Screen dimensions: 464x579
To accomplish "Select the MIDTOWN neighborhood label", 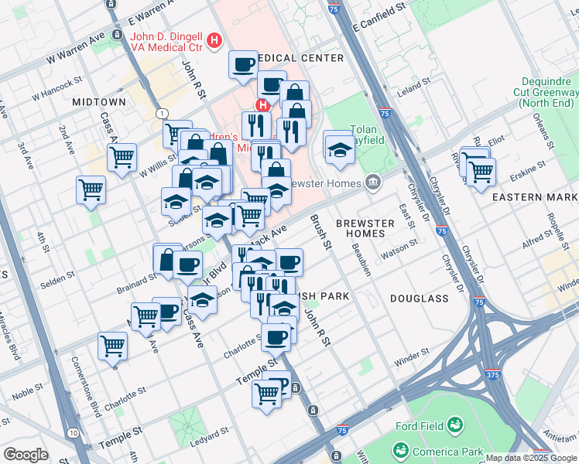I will (x=98, y=102).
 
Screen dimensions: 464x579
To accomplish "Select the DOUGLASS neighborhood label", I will (x=420, y=298).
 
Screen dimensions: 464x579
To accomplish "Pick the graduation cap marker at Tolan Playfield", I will (x=340, y=149).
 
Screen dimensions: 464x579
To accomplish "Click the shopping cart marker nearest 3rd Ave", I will (x=91, y=189).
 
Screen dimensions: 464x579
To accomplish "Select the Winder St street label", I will (x=410, y=360).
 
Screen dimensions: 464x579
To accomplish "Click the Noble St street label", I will (x=27, y=394).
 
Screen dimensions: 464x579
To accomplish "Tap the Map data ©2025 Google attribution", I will (x=531, y=458).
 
